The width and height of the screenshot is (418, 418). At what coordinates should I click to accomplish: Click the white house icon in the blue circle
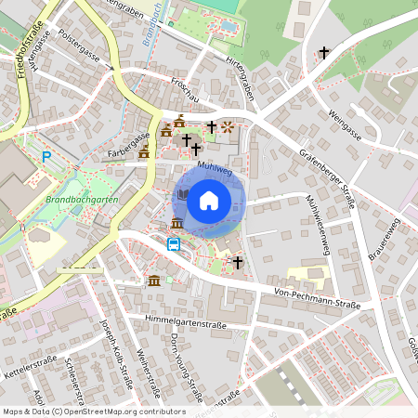(x=209, y=199)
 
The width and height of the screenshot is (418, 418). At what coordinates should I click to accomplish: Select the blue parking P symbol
(x=46, y=158)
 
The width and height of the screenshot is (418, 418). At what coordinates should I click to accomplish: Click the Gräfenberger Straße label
(x=326, y=177)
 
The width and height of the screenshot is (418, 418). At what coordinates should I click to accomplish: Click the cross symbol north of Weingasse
(x=323, y=53)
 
